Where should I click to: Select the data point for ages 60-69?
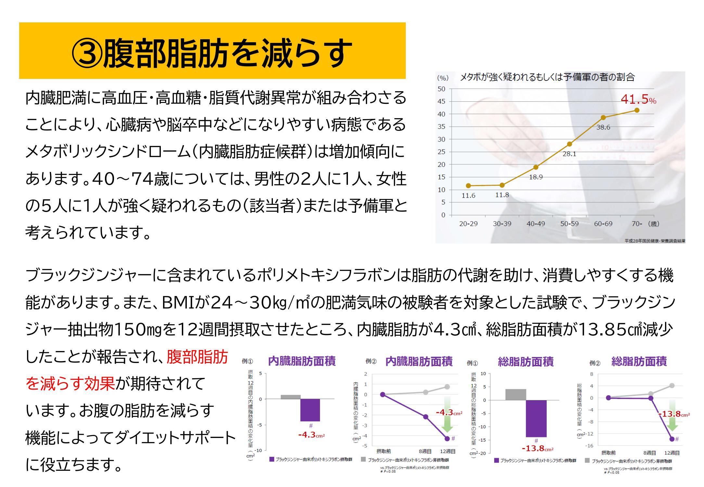603,118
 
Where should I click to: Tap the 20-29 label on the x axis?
468,224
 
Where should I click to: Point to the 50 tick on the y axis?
442,89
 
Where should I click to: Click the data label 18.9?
536,177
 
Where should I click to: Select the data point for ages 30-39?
502,185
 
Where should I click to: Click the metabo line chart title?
547,77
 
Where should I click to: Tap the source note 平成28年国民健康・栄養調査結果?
655,241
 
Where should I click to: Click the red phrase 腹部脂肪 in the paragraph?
197,357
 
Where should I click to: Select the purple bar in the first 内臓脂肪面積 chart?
310,410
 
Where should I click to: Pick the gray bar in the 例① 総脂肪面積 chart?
516,394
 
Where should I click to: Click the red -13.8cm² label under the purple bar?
537,449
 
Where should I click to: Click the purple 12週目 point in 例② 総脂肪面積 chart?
672,439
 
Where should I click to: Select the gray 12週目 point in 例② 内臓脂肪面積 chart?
447,387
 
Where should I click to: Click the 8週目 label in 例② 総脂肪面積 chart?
649,453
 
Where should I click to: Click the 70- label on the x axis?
637,224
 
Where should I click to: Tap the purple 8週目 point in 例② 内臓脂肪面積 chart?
425,417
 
